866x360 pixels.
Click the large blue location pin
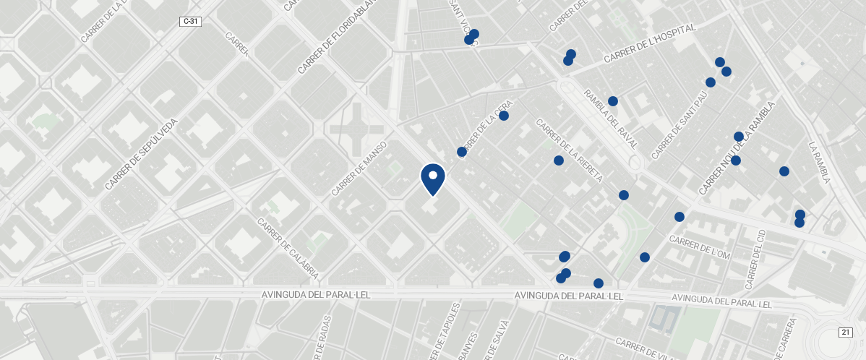pos(433,179)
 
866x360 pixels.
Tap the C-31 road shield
pos(190,22)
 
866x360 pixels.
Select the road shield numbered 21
pos(845,332)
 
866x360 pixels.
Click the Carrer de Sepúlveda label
pos(141,154)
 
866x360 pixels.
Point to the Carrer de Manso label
pos(359,168)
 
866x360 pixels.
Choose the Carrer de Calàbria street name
pos(288,249)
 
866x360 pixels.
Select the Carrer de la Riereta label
pos(569,150)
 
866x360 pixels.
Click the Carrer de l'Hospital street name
pos(649,43)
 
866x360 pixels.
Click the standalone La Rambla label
pos(820,162)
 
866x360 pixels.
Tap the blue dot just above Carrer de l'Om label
pos(679,217)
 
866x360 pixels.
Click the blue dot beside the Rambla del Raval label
pos(613,101)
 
